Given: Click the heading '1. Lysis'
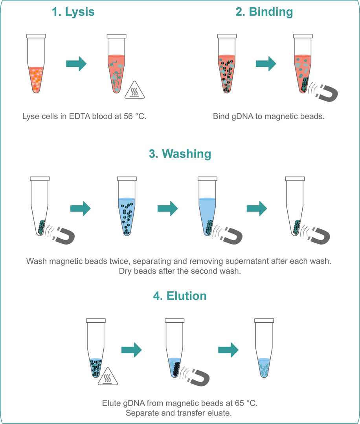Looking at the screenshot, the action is coord(73,12).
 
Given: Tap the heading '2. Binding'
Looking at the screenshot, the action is coord(264,12).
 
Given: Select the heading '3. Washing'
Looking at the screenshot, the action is coord(180,154).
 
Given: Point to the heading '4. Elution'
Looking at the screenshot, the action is coord(180,296).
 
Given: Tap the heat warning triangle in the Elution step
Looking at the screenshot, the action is coord(108,377).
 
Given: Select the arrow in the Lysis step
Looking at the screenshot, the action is coord(76,64).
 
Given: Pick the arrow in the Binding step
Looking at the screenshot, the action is coord(266,64).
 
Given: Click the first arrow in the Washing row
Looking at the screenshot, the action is coord(81,208).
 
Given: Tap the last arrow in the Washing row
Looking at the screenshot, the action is coord(257,208).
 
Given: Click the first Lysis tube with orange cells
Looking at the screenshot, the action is coord(36,64).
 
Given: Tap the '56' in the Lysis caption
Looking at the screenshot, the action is coord(128,116).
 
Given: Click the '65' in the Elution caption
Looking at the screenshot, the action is coord(240,403).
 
